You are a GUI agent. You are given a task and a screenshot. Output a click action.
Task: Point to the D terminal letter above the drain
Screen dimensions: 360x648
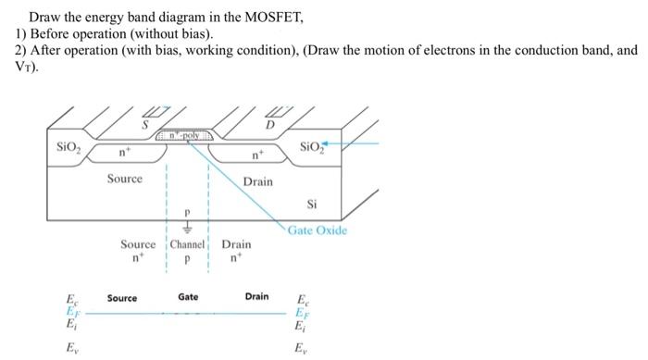click(270, 123)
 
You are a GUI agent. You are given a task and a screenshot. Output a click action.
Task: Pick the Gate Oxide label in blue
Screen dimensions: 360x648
click(318, 230)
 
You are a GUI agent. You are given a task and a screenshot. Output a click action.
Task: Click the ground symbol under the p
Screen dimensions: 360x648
click(188, 225)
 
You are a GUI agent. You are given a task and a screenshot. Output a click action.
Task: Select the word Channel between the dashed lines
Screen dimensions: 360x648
click(188, 245)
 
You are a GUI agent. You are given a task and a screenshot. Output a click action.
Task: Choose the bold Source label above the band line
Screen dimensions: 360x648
click(122, 298)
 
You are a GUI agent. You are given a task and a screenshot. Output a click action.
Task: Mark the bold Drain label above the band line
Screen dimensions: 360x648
click(257, 297)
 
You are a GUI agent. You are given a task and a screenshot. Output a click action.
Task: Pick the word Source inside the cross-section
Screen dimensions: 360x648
click(124, 179)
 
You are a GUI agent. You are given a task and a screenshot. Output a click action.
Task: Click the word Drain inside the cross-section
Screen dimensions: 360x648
click(258, 181)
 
